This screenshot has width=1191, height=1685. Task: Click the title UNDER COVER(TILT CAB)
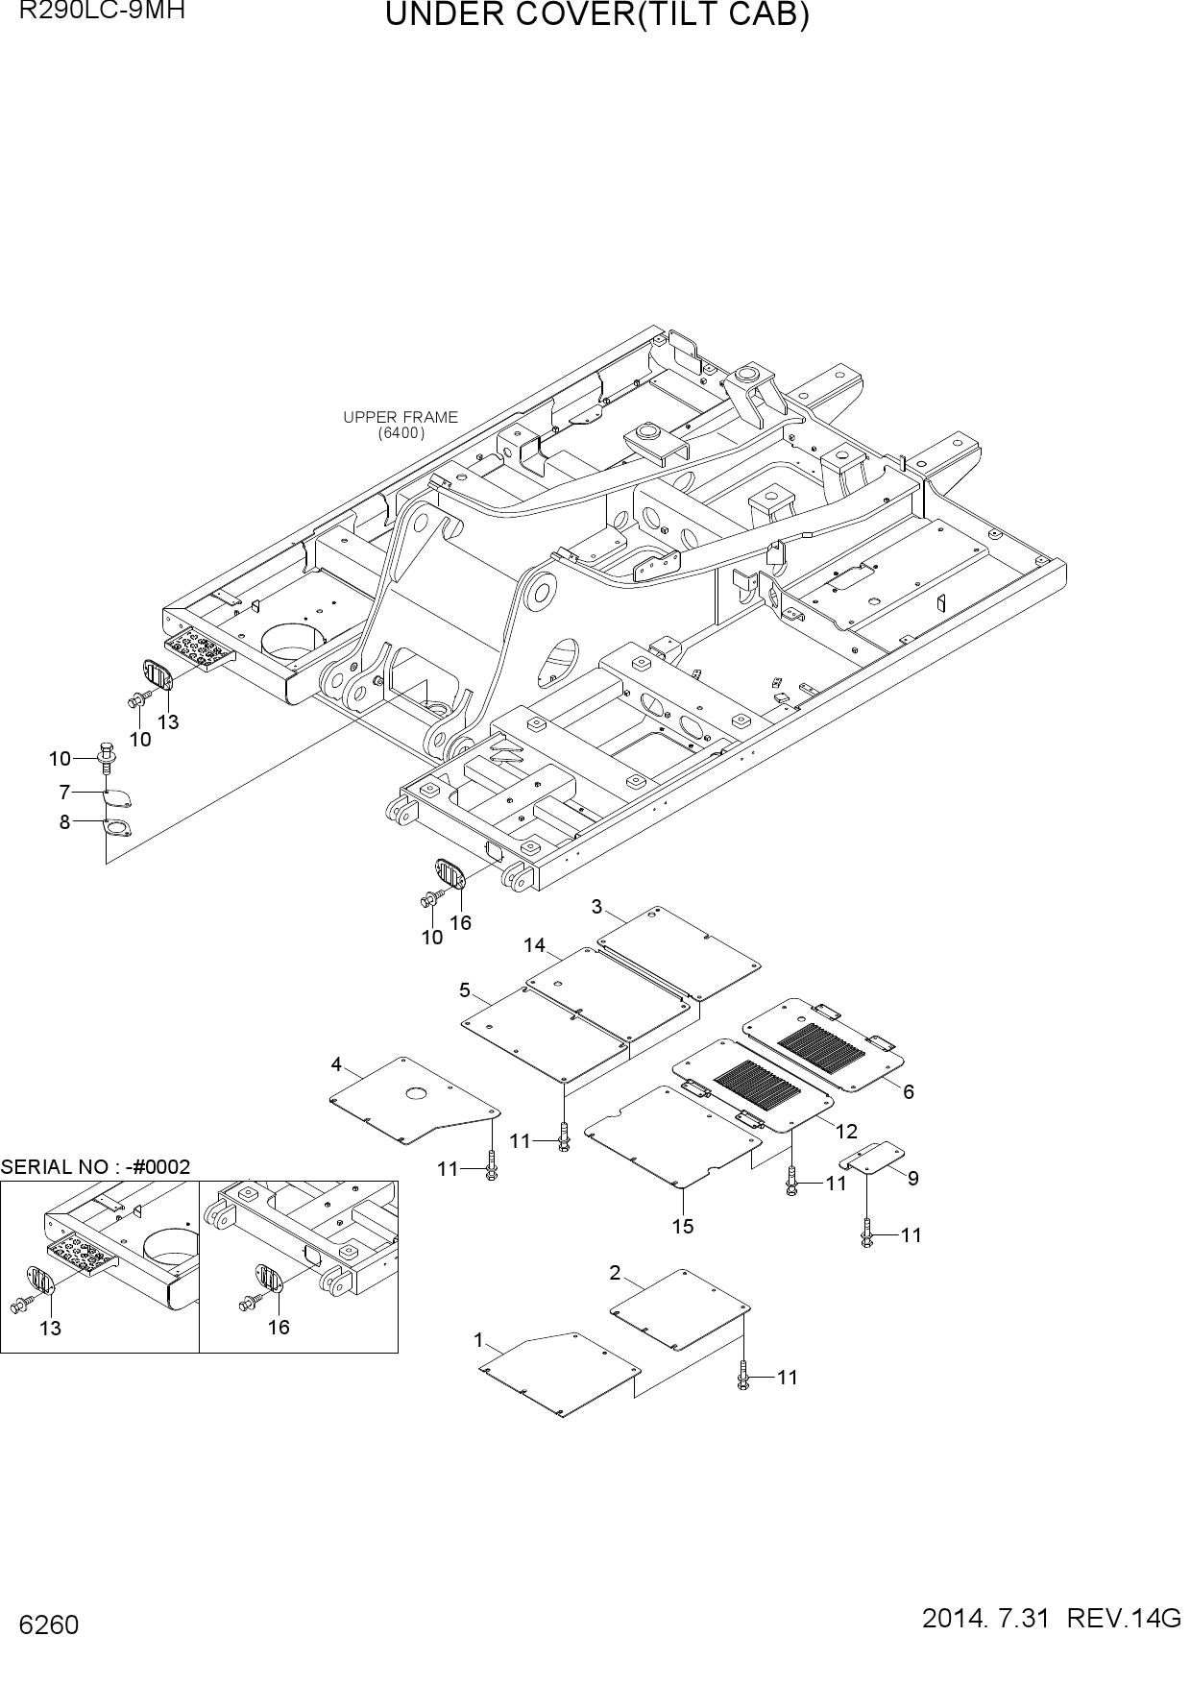point(596,16)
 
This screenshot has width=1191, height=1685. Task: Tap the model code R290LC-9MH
point(94,12)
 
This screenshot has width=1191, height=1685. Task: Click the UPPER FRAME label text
point(401,417)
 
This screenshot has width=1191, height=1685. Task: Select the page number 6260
point(48,1625)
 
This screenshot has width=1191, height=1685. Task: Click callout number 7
point(64,793)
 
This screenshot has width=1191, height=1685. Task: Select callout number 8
point(64,822)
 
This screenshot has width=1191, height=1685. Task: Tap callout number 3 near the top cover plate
point(596,907)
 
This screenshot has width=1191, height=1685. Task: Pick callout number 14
point(534,946)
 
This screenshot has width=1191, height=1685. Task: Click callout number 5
point(465,990)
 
